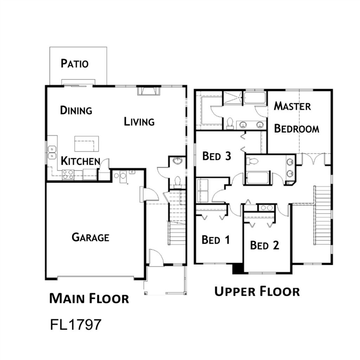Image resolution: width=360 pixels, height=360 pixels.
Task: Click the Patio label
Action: tap(75, 64)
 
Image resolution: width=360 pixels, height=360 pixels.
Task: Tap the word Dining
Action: tap(76, 110)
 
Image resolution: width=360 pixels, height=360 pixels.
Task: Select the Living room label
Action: tap(139, 121)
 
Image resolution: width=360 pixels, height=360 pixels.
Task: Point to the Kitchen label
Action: tap(81, 161)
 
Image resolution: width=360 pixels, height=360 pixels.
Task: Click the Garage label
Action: tap(90, 237)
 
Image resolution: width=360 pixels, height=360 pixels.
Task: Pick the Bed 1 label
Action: tap(216, 240)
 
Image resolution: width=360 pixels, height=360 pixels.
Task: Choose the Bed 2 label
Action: tap(264, 245)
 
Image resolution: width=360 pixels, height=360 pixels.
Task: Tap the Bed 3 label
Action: tap(217, 156)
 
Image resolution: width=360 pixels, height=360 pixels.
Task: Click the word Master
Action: tap(292, 106)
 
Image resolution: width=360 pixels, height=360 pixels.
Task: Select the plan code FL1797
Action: tap(76, 324)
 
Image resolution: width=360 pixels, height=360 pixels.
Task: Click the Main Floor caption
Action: tap(89, 298)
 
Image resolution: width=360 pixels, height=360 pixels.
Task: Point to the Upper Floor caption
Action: tap(257, 291)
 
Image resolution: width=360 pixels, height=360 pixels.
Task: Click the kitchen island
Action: tap(86, 144)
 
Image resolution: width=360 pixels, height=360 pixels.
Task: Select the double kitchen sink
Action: tap(52, 153)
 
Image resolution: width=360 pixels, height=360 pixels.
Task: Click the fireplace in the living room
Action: tap(149, 90)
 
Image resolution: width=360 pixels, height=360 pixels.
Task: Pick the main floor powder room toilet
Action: tap(177, 181)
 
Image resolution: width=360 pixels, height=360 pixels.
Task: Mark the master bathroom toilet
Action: tap(230, 123)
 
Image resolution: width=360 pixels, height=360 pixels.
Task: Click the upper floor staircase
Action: tap(322, 216)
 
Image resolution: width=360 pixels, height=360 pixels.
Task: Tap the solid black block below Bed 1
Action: tap(238, 269)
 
